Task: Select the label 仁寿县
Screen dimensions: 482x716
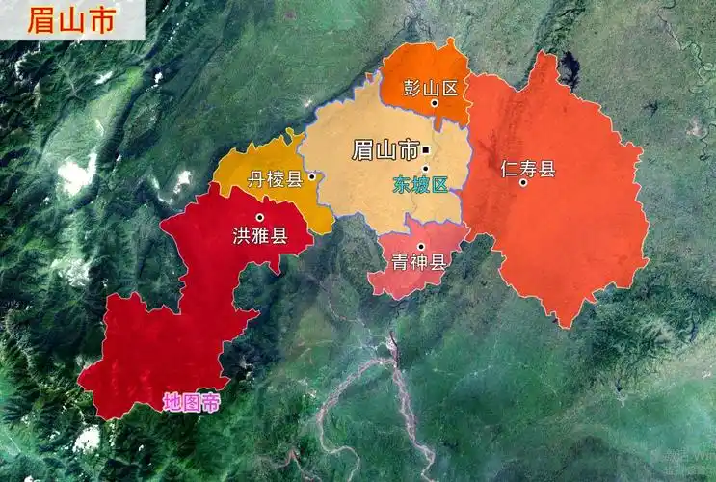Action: [528, 169]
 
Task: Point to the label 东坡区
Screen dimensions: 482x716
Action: [420, 185]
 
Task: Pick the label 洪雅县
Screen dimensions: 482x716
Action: [260, 234]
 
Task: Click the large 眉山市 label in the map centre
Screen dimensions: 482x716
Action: [385, 149]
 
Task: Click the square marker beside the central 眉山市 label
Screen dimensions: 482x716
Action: [426, 150]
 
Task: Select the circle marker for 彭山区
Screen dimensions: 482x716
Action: [435, 102]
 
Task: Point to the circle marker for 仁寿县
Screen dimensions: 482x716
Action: [523, 182]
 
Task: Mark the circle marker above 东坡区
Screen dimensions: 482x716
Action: [425, 169]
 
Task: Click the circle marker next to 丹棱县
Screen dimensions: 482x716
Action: [311, 177]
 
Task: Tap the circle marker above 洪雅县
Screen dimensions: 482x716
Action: [259, 218]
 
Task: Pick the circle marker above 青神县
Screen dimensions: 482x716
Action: [420, 246]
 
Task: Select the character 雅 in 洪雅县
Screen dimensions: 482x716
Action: [260, 234]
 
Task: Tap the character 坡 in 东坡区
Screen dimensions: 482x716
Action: [420, 185]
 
